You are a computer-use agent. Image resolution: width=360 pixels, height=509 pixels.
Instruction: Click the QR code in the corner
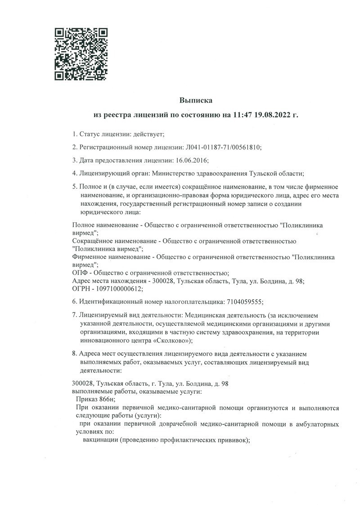[x=81, y=54]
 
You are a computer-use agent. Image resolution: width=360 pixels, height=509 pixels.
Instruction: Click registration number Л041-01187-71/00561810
[x=223, y=147]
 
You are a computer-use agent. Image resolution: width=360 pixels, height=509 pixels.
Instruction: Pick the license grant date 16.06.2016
[x=191, y=160]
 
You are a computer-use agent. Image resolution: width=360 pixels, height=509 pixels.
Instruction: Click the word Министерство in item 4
[x=173, y=173]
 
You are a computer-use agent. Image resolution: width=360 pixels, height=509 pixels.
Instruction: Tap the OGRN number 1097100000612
[x=119, y=289]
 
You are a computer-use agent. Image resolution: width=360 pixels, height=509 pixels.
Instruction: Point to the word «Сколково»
[x=169, y=340]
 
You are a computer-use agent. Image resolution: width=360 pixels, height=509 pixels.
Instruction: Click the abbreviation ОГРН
[x=82, y=289]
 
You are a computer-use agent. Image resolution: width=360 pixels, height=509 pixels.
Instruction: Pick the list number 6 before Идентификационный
[x=74, y=302]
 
